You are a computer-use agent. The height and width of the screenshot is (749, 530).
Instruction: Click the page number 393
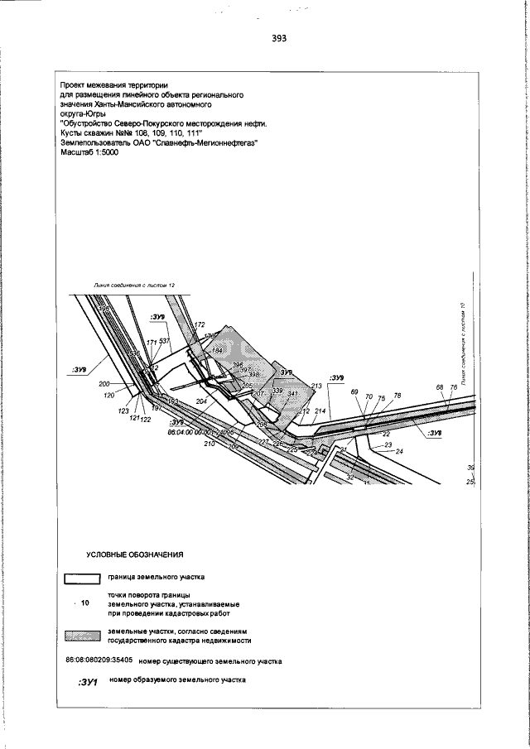coord(278,39)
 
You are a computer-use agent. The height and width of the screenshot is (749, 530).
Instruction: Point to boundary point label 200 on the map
coord(104,384)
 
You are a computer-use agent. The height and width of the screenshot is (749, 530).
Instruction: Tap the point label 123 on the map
coord(123,411)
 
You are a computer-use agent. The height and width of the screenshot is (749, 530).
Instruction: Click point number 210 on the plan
coord(209,443)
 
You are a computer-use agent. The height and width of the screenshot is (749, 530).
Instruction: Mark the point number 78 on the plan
coord(397,396)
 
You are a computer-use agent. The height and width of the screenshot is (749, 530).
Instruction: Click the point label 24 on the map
coord(399,451)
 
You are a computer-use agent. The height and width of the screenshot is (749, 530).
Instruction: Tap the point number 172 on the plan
coord(199,325)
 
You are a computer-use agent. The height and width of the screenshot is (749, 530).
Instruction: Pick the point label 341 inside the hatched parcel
coord(292,393)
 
